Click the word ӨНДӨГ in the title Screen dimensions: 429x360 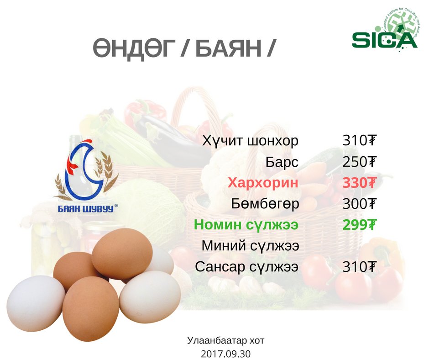(x=134, y=48)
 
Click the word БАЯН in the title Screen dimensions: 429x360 (x=229, y=48)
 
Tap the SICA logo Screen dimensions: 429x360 (x=386, y=30)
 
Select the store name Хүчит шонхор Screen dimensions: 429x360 (x=251, y=141)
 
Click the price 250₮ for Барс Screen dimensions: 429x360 (x=360, y=162)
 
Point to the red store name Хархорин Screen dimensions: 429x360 (x=263, y=182)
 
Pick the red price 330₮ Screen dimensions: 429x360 (x=360, y=182)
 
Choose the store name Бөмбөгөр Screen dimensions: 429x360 (x=265, y=204)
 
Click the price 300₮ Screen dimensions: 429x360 (x=360, y=204)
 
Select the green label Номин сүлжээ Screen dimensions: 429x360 (x=246, y=225)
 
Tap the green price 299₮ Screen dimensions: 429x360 (x=360, y=225)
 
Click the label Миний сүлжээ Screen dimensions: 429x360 (x=250, y=245)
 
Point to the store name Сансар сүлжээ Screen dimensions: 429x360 (x=246, y=267)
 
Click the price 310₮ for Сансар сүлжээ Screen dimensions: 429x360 (x=360, y=267)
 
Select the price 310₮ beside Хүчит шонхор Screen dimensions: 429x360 (x=360, y=141)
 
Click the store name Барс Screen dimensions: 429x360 (x=282, y=162)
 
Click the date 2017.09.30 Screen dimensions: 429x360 (x=226, y=354)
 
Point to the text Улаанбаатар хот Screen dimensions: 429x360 (x=226, y=340)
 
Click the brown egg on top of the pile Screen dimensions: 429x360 (x=122, y=254)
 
